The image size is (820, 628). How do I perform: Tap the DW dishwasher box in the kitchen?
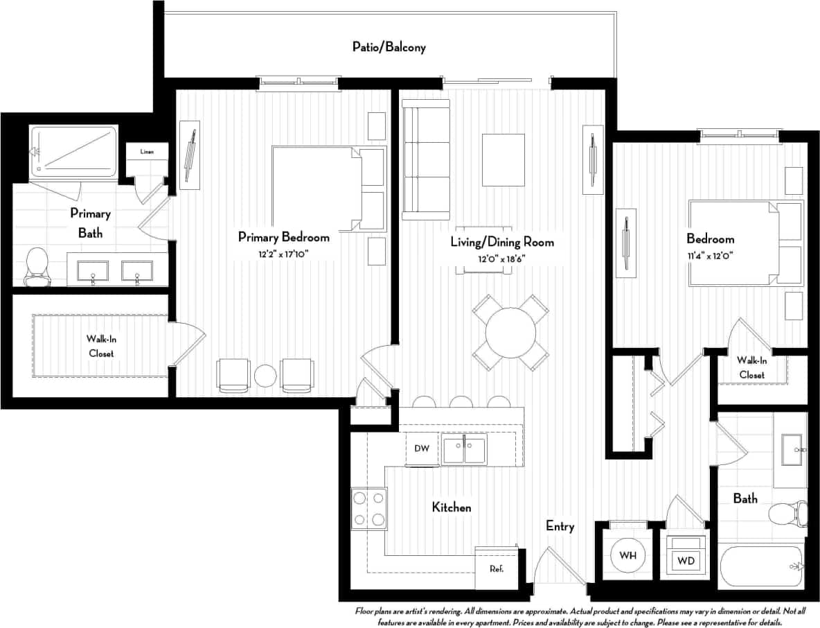click(422, 448)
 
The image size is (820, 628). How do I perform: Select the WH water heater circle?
click(627, 556)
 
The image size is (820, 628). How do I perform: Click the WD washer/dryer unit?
click(686, 556)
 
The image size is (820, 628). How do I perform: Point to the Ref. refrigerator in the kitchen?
click(496, 568)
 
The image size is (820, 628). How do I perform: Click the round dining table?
click(510, 333)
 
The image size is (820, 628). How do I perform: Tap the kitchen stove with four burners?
click(368, 509)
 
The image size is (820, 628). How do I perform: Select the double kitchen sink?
click(464, 449)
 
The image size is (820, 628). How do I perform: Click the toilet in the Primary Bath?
click(36, 267)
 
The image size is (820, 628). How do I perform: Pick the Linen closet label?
click(146, 152)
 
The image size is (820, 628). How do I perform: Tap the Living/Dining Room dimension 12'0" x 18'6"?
click(502, 259)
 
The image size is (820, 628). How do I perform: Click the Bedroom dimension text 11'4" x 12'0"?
click(709, 256)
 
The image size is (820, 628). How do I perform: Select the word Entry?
click(560, 526)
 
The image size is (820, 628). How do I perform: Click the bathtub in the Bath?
click(760, 566)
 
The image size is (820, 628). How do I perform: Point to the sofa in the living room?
click(426, 159)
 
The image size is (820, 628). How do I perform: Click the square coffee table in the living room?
click(503, 159)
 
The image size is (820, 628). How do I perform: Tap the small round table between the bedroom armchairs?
click(265, 376)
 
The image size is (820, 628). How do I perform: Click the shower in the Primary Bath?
click(74, 150)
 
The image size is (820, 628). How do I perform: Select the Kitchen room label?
click(452, 507)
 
